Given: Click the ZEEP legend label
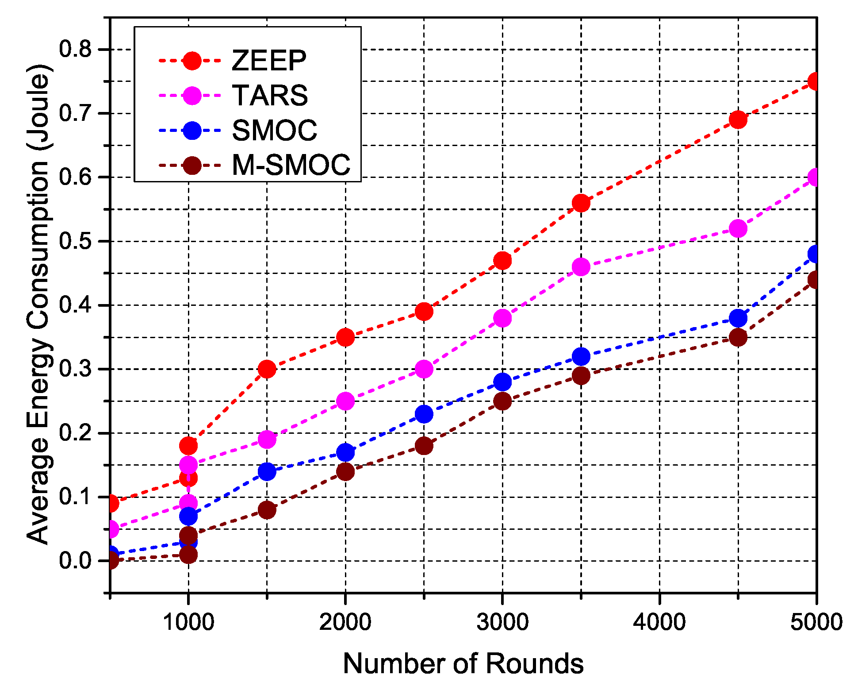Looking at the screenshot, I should (x=269, y=60).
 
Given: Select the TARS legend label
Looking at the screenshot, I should (x=270, y=95).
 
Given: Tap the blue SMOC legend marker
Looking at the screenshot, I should (x=192, y=131).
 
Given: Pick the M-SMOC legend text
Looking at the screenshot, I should (x=291, y=165).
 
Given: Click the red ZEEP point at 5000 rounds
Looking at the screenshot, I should (x=815, y=81).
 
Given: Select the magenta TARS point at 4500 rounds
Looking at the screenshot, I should (x=738, y=229).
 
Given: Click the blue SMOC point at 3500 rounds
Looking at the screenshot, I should (x=581, y=356).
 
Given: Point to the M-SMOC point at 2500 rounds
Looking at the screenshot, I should (x=424, y=446).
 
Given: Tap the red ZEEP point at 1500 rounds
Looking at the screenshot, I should (x=267, y=369).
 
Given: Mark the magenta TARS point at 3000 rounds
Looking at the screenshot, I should (x=502, y=318).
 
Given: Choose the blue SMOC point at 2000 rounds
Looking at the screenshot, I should (x=345, y=452).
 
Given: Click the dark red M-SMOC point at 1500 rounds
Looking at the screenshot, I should (x=267, y=510).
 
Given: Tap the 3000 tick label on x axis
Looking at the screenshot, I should (x=502, y=622).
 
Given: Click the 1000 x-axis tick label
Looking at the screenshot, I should (x=188, y=622).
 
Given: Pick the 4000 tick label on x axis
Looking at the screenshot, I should (x=659, y=622).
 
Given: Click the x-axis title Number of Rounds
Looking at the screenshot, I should (x=463, y=664).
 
